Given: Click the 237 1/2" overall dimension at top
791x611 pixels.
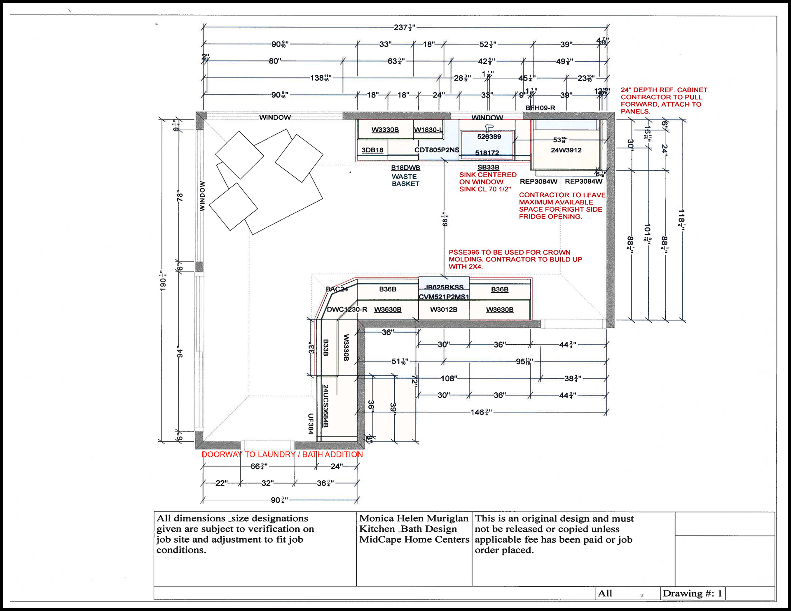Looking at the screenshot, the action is tap(404, 28).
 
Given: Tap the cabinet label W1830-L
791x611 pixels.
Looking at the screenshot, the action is tap(428, 130).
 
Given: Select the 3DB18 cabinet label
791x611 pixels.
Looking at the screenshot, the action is tap(372, 150).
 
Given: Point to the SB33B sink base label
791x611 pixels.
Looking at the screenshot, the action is tap(488, 167).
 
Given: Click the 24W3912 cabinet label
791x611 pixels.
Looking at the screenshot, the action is tap(566, 150).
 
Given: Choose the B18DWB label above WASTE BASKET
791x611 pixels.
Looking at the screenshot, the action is tap(405, 168).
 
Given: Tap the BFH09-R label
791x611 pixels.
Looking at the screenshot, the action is tap(540, 108).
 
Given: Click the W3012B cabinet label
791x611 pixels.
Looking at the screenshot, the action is tap(444, 310).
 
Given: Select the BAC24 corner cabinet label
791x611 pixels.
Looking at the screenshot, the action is tap(337, 289).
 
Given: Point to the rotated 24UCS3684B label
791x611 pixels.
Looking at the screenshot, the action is tap(325, 406).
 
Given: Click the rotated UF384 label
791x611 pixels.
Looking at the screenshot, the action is tap(311, 423).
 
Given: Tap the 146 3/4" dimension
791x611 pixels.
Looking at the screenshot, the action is tap(481, 412).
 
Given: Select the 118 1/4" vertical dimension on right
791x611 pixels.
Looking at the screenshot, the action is tap(681, 218).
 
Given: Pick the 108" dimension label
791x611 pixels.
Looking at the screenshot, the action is tap(449, 378).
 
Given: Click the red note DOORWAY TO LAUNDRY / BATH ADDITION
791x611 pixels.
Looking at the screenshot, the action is tap(282, 455).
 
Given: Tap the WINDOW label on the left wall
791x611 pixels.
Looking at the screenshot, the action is tap(202, 196).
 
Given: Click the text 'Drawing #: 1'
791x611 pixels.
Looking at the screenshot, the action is tap(692, 593).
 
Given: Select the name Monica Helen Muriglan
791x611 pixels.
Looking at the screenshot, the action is tap(414, 518).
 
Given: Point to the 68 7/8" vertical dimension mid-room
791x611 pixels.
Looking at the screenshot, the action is tap(445, 219).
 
